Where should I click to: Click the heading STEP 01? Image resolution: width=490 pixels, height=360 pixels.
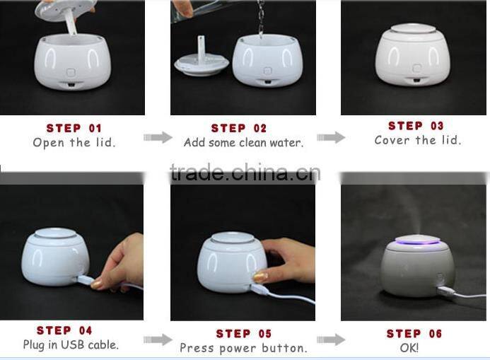click(x=74, y=128)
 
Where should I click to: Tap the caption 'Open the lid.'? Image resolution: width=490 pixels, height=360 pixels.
click(x=74, y=143)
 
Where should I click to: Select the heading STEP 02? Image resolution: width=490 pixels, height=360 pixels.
click(x=239, y=128)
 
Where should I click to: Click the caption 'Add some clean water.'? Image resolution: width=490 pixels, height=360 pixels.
click(x=244, y=143)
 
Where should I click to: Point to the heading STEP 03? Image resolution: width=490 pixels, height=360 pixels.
click(x=416, y=126)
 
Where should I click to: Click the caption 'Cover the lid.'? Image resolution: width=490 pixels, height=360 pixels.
click(x=418, y=140)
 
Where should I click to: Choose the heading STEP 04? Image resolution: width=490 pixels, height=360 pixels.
click(x=64, y=330)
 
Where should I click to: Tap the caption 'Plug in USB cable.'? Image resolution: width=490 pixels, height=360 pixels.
click(x=71, y=345)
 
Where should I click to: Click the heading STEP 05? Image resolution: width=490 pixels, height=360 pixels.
click(x=244, y=334)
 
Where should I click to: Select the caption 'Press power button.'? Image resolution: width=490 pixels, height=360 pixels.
click(x=244, y=348)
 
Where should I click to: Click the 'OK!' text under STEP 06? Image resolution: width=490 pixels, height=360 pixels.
click(x=409, y=348)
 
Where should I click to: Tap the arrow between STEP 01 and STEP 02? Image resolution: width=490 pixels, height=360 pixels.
click(x=158, y=137)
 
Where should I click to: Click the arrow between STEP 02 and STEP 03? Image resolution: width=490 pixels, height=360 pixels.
click(x=331, y=137)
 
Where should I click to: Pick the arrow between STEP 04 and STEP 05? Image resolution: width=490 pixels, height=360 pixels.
click(x=158, y=339)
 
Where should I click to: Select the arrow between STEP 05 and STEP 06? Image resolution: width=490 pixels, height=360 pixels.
click(x=331, y=339)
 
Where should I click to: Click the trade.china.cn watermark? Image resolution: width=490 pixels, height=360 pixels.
click(x=245, y=173)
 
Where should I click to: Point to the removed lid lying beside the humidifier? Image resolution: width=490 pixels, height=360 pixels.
click(x=202, y=63)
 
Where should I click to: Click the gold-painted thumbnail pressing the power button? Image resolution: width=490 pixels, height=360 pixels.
click(x=260, y=277)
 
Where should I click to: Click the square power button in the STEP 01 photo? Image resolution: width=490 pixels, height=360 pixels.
click(x=71, y=73)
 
